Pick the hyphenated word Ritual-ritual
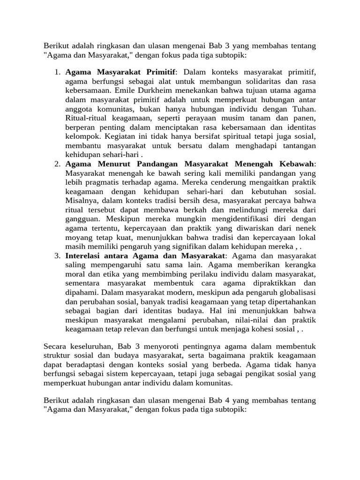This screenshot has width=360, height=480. point(86,119)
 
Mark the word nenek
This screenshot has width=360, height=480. point(306,228)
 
